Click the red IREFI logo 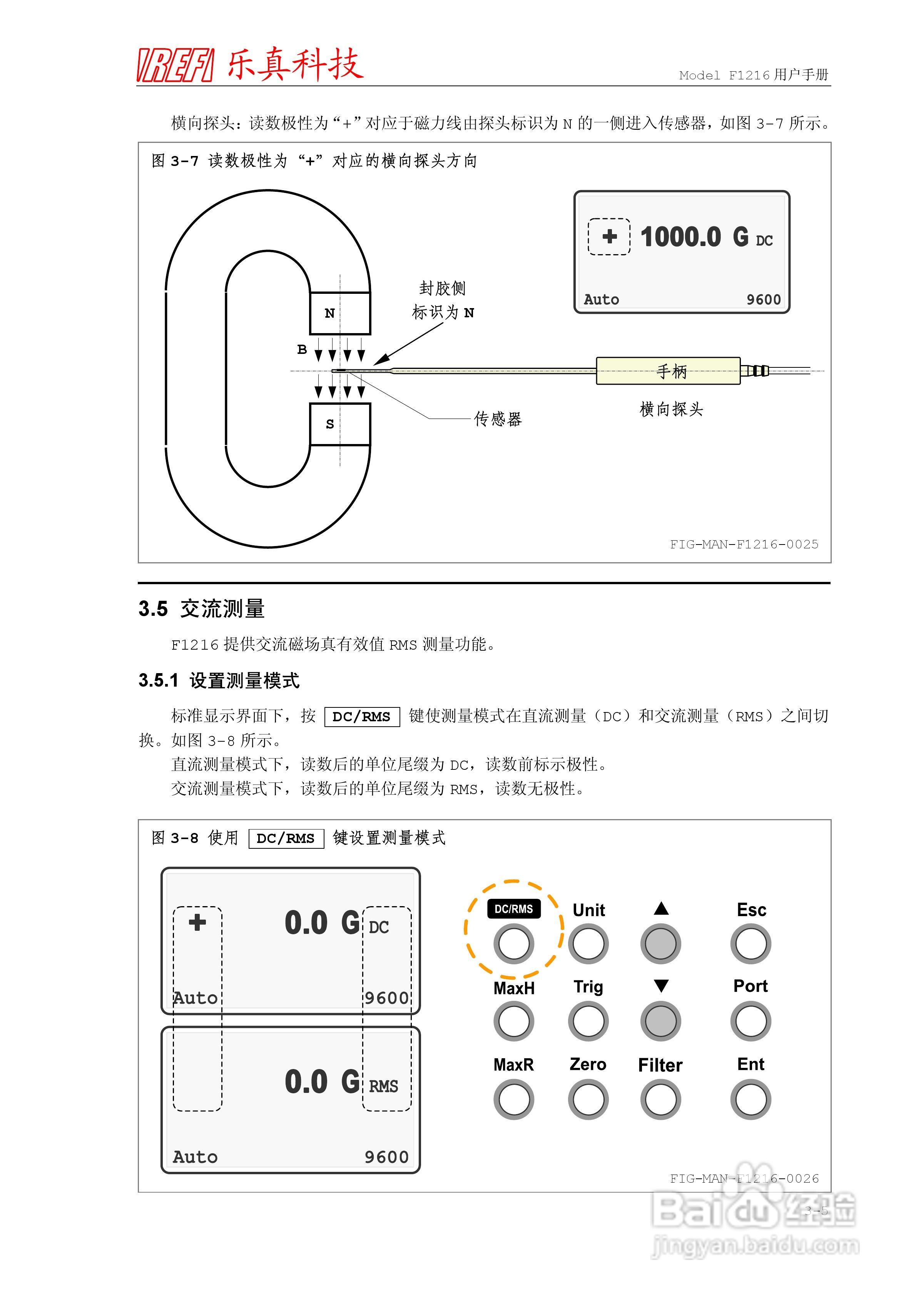(x=175, y=65)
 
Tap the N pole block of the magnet (x=339, y=313)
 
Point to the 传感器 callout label (x=498, y=419)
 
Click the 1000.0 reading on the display (x=680, y=237)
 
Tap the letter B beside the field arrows (x=302, y=350)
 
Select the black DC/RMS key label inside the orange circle (x=513, y=908)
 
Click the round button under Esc (x=751, y=943)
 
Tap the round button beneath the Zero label (x=588, y=1099)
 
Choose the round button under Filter (x=660, y=1099)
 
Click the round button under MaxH (x=513, y=1021)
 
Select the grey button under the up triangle (x=660, y=943)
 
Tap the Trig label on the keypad (x=588, y=987)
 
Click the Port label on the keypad (x=750, y=986)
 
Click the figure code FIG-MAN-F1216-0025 (x=744, y=544)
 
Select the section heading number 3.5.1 (x=158, y=680)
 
